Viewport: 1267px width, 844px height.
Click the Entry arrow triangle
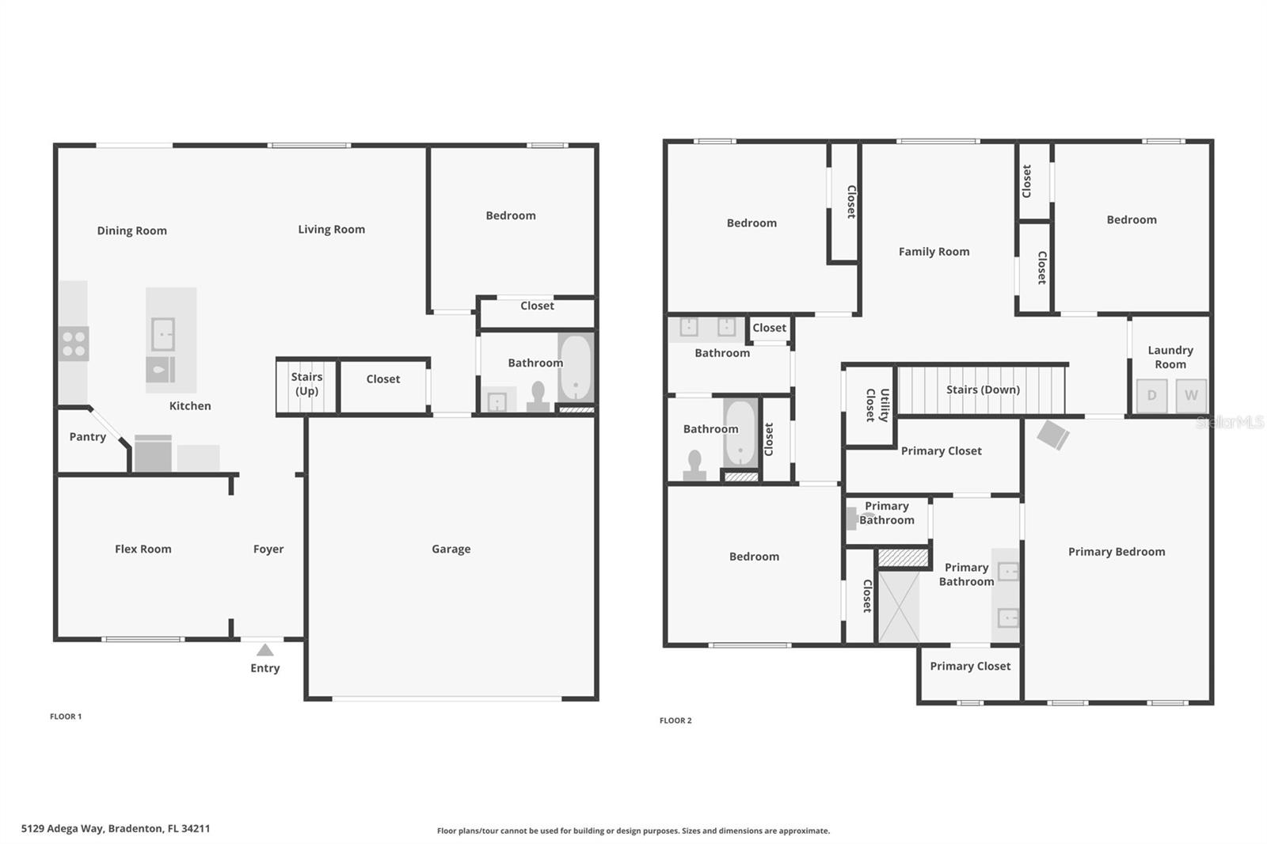(x=265, y=650)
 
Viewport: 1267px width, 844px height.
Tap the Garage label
(x=451, y=549)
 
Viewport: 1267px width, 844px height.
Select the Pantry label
(x=87, y=437)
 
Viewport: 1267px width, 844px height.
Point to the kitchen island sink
(x=163, y=334)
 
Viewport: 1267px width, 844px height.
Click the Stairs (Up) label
(x=306, y=384)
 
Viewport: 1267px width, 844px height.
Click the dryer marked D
(x=1151, y=395)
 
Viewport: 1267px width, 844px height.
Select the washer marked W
(x=1191, y=395)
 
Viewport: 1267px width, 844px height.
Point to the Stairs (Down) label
(x=983, y=390)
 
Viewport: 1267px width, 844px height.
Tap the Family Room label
(x=934, y=252)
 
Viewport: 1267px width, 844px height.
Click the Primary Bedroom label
(x=1116, y=552)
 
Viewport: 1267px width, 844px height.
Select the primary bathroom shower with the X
(x=899, y=606)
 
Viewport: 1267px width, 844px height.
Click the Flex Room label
(x=143, y=549)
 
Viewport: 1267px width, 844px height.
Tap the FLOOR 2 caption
(x=675, y=720)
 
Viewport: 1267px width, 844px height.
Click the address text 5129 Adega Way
(x=116, y=829)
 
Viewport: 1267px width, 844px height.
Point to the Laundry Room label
(x=1170, y=357)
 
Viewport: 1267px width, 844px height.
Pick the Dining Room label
(x=131, y=231)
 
